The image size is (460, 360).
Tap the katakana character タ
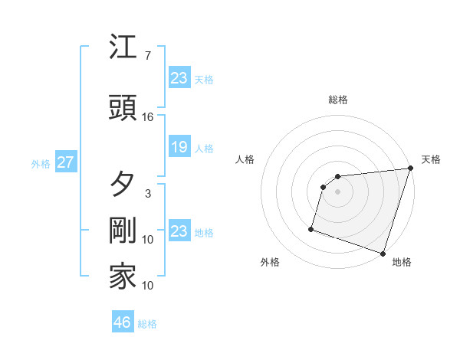click(123, 184)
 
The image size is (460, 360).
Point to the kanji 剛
click(123, 231)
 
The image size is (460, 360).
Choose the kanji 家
click(123, 277)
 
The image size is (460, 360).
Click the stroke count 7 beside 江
click(148, 56)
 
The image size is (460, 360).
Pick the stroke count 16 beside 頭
click(148, 117)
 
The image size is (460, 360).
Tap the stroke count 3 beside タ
click(148, 194)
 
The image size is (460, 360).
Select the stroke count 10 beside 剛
click(148, 240)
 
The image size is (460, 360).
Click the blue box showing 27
click(65, 162)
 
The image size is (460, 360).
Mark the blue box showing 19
click(179, 147)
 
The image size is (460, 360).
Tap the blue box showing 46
click(122, 322)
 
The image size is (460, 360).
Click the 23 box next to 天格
click(179, 77)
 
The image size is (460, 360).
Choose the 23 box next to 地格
click(179, 231)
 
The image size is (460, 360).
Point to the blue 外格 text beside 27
click(41, 163)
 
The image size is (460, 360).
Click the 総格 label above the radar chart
click(338, 100)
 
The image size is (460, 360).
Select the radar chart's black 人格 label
click(245, 159)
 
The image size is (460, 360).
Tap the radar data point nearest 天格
click(410, 169)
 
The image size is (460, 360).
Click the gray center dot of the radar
click(337, 192)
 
